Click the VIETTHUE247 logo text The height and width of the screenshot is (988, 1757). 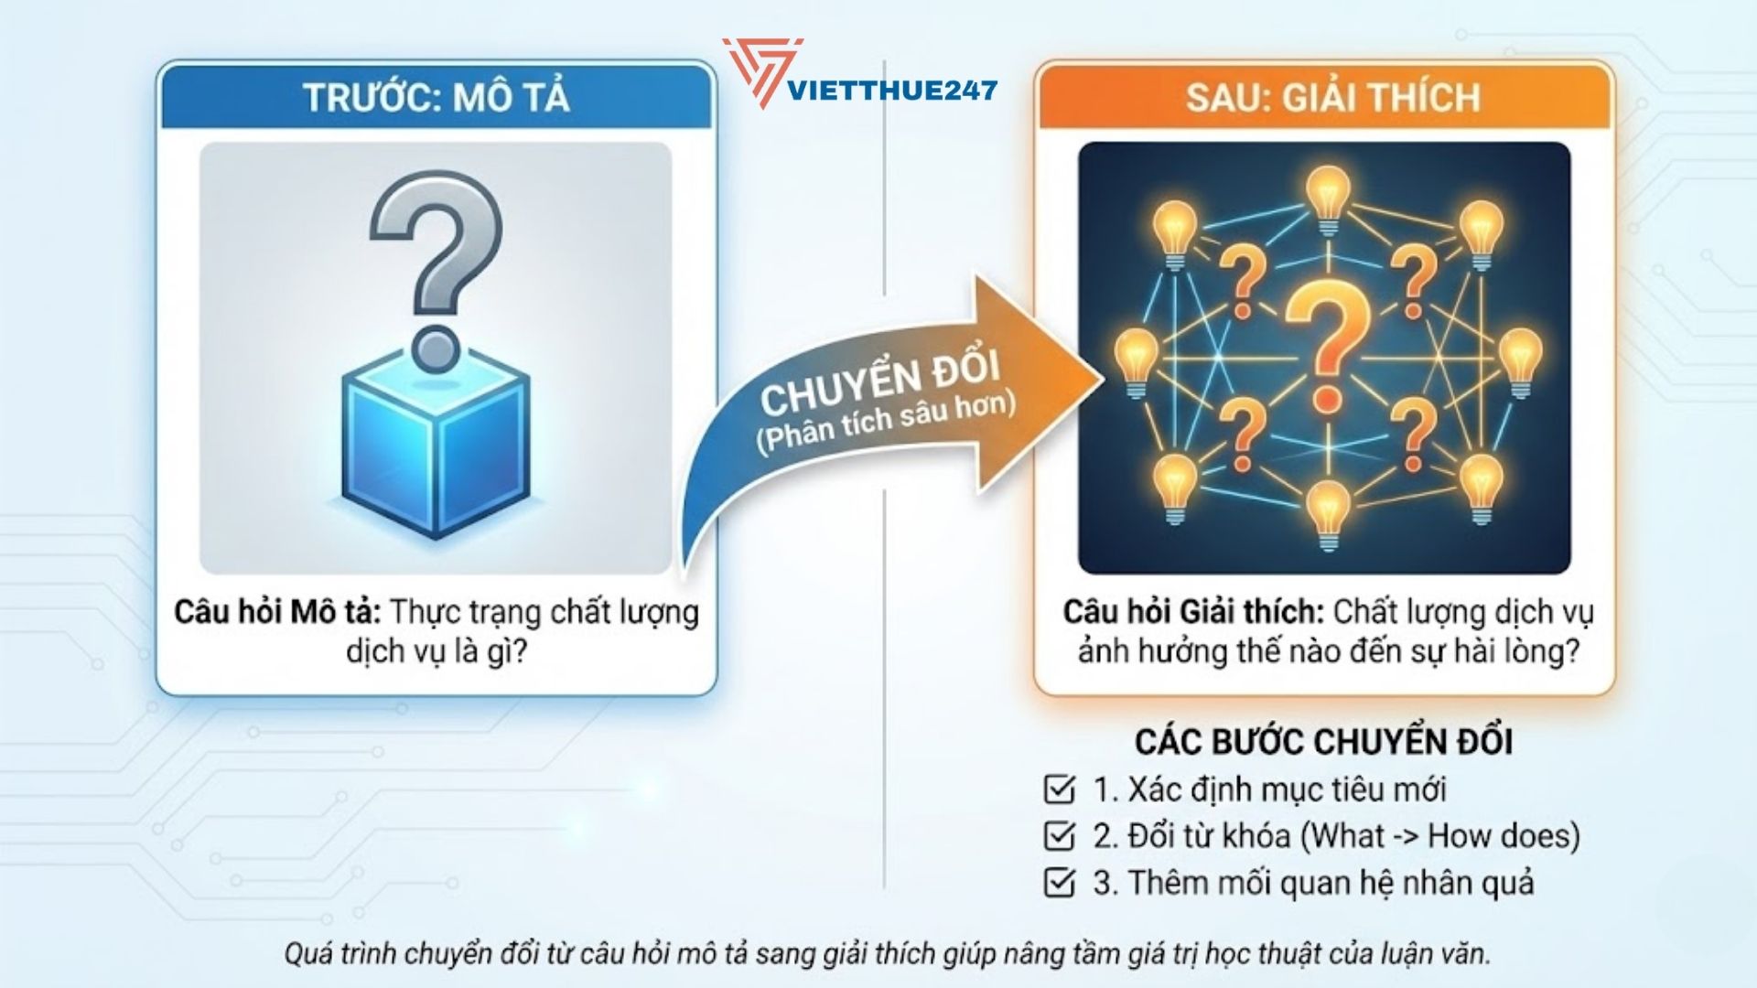(892, 90)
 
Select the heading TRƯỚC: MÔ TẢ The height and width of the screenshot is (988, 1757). (437, 97)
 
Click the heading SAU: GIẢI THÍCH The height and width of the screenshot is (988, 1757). (1332, 97)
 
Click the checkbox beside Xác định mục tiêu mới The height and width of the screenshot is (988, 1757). (1059, 789)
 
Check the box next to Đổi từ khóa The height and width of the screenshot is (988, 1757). (1059, 835)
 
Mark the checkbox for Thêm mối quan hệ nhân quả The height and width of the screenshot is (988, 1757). (1059, 883)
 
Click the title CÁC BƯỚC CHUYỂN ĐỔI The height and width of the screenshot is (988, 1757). (1323, 741)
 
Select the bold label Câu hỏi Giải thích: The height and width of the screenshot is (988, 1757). (1192, 612)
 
